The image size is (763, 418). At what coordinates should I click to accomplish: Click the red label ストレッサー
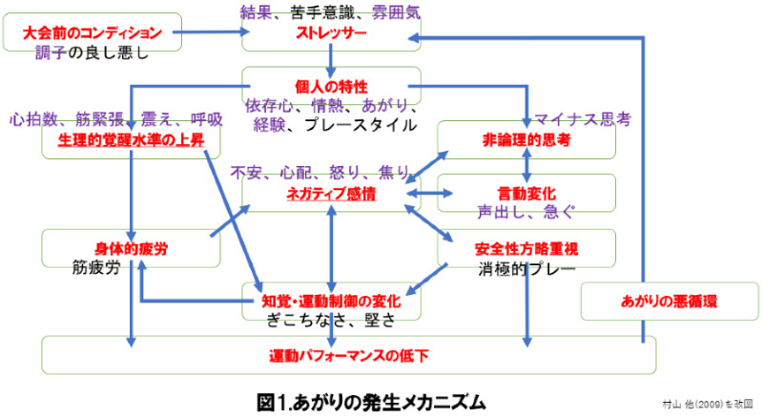coord(330,32)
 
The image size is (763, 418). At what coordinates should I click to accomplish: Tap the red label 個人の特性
coord(331,87)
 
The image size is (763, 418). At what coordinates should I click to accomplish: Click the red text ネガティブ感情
coord(331,194)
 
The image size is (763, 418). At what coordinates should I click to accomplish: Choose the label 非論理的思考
coord(526,140)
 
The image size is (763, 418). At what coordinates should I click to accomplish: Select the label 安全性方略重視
coord(526,248)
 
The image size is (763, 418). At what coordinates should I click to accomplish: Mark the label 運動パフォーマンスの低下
coord(348,356)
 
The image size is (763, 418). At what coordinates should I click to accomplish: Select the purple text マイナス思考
coord(582,119)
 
